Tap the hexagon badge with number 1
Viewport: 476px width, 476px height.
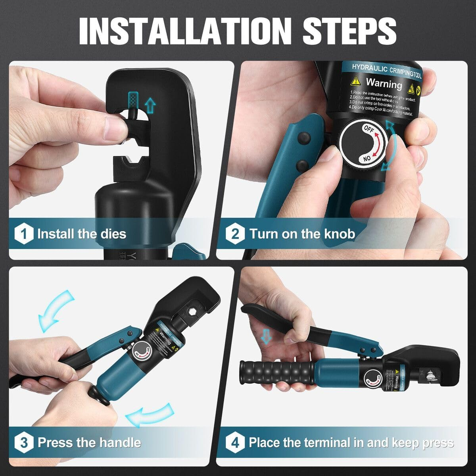(24, 234)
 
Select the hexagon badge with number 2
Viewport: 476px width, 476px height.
(235, 234)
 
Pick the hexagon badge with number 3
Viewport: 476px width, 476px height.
(24, 442)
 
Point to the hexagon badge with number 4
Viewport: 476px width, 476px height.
(235, 442)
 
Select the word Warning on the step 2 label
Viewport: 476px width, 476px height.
(384, 84)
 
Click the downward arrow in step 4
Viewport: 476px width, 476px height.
(267, 336)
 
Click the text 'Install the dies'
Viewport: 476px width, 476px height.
(82, 234)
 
